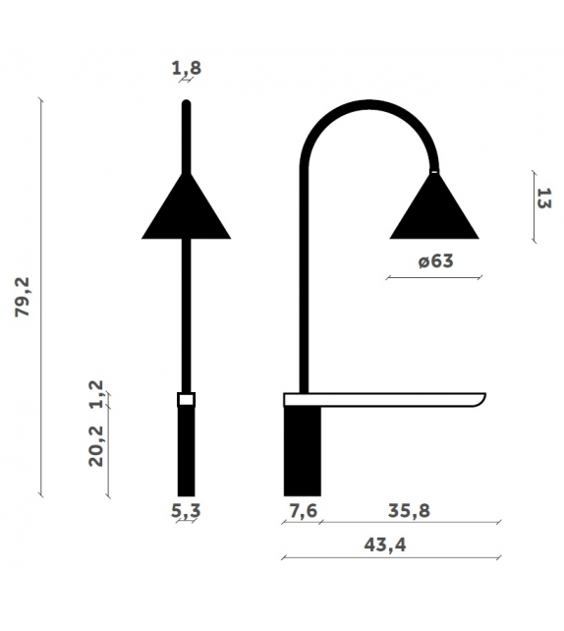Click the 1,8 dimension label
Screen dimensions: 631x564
186,69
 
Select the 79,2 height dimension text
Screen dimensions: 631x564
23,297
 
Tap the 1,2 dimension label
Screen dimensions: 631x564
96,392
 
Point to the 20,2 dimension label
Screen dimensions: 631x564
96,445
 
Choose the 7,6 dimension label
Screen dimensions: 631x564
302,512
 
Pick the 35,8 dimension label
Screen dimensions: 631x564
410,512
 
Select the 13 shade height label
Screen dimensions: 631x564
543,198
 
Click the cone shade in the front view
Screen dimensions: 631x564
186,210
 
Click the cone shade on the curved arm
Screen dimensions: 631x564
434,210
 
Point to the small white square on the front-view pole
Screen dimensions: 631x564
186,399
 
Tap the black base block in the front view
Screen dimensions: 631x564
186,451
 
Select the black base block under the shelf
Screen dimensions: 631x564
302,451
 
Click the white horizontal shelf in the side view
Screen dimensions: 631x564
383,398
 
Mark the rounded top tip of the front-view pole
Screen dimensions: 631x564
186,103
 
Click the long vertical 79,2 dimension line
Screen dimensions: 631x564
41,297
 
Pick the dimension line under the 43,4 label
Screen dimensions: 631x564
391,558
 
